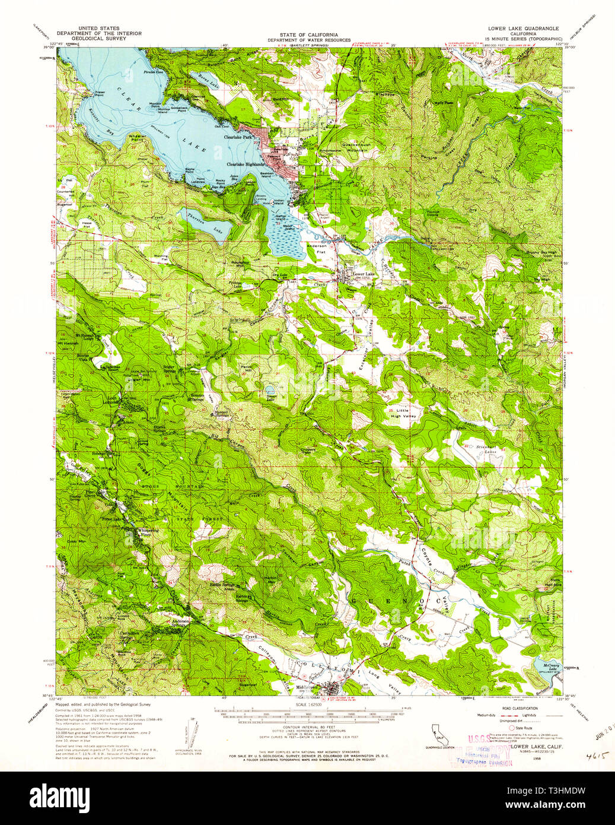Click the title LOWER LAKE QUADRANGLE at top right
pos(522,28)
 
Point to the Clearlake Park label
pos(238,137)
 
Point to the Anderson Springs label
pos(180,623)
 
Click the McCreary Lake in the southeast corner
pos(546,668)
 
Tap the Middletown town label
pos(306,688)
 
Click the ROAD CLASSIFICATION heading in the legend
pos(521,708)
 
